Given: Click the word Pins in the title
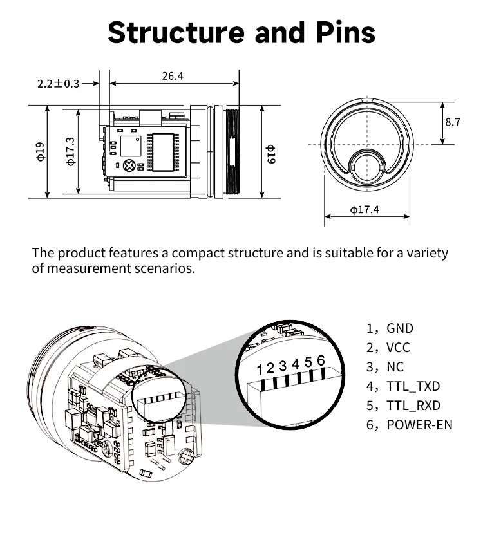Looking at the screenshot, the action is (x=346, y=32).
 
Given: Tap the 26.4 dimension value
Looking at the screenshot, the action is (x=173, y=76).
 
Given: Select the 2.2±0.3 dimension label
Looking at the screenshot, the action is (x=58, y=84).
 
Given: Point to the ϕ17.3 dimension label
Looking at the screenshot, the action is (x=71, y=151).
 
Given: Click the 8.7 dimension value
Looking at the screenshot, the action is (x=453, y=122).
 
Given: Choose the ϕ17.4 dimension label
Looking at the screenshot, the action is (x=365, y=209).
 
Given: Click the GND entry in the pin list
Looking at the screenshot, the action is (x=400, y=328).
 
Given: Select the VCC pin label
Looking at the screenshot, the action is (x=398, y=348).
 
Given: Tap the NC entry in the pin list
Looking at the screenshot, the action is (x=395, y=367).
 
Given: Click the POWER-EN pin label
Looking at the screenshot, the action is (x=420, y=425).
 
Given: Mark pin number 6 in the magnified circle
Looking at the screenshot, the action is (x=321, y=360).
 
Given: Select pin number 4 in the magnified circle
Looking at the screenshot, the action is (x=296, y=364).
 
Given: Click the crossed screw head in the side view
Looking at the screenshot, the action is (x=129, y=165).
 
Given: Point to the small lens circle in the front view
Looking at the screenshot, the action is (x=367, y=168).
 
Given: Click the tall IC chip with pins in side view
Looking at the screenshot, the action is (x=163, y=152).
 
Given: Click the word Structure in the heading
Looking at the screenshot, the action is (x=176, y=32).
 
